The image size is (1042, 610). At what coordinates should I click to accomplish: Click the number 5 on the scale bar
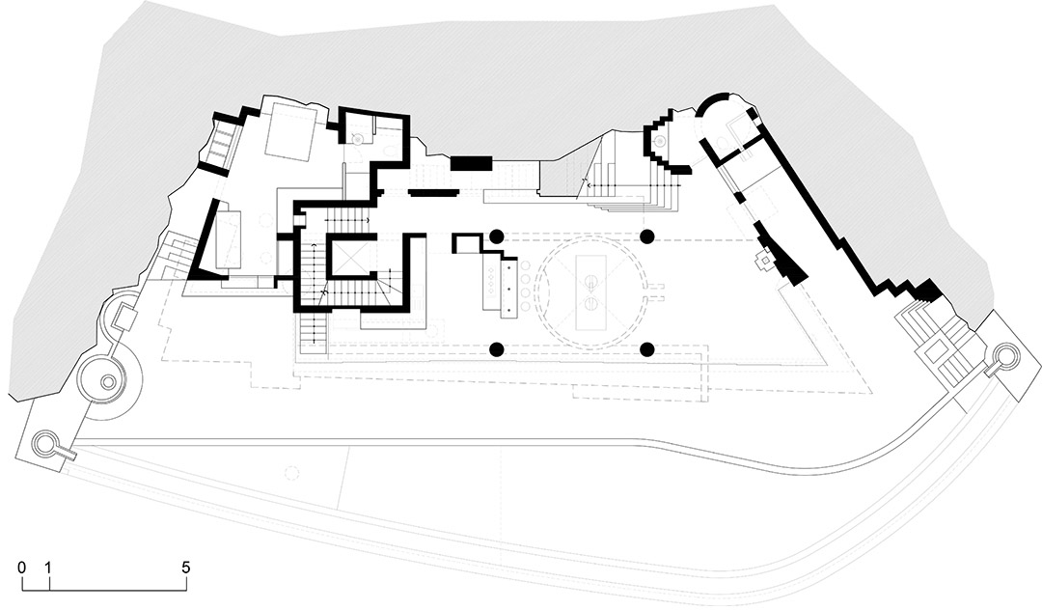pyautogui.click(x=186, y=568)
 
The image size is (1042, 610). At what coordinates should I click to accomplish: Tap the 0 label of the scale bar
pyautogui.click(x=22, y=568)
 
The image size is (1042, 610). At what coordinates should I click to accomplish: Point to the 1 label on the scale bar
pyautogui.click(x=48, y=568)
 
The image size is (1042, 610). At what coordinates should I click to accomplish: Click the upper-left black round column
pyautogui.click(x=496, y=236)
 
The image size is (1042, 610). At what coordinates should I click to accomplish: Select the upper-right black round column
pyautogui.click(x=648, y=236)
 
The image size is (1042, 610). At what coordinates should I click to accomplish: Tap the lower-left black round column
pyautogui.click(x=496, y=348)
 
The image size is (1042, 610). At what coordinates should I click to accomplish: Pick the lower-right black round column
pyautogui.click(x=648, y=348)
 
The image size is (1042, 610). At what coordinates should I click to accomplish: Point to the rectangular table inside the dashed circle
pyautogui.click(x=589, y=291)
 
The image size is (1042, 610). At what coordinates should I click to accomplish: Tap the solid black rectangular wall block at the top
pyautogui.click(x=471, y=163)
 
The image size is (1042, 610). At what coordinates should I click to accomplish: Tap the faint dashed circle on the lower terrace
pyautogui.click(x=290, y=473)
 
